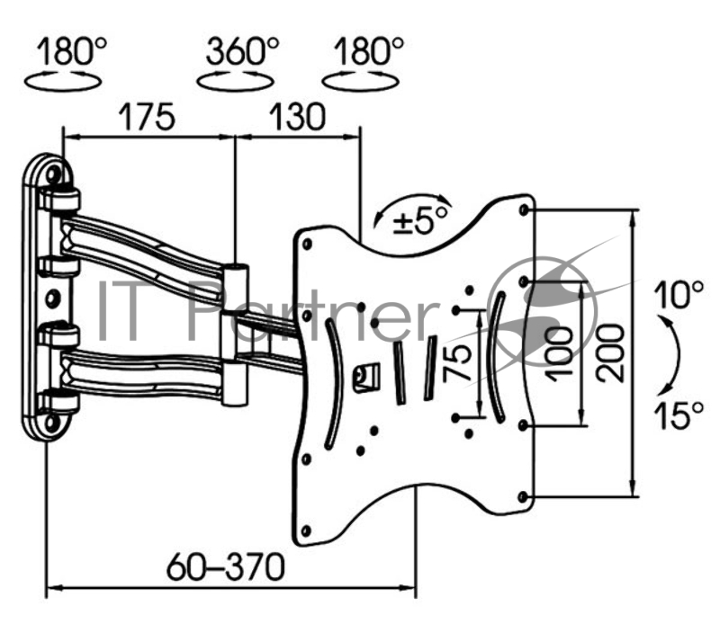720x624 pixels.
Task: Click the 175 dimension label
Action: point(147,117)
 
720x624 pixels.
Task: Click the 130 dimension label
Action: point(297,117)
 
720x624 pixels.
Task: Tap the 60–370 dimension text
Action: point(226,567)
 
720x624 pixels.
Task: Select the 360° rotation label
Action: point(242,50)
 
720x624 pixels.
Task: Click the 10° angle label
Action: point(679,295)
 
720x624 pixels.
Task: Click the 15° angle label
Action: point(679,415)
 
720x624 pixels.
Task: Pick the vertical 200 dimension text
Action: point(611,352)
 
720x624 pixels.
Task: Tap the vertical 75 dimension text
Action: point(457,363)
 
